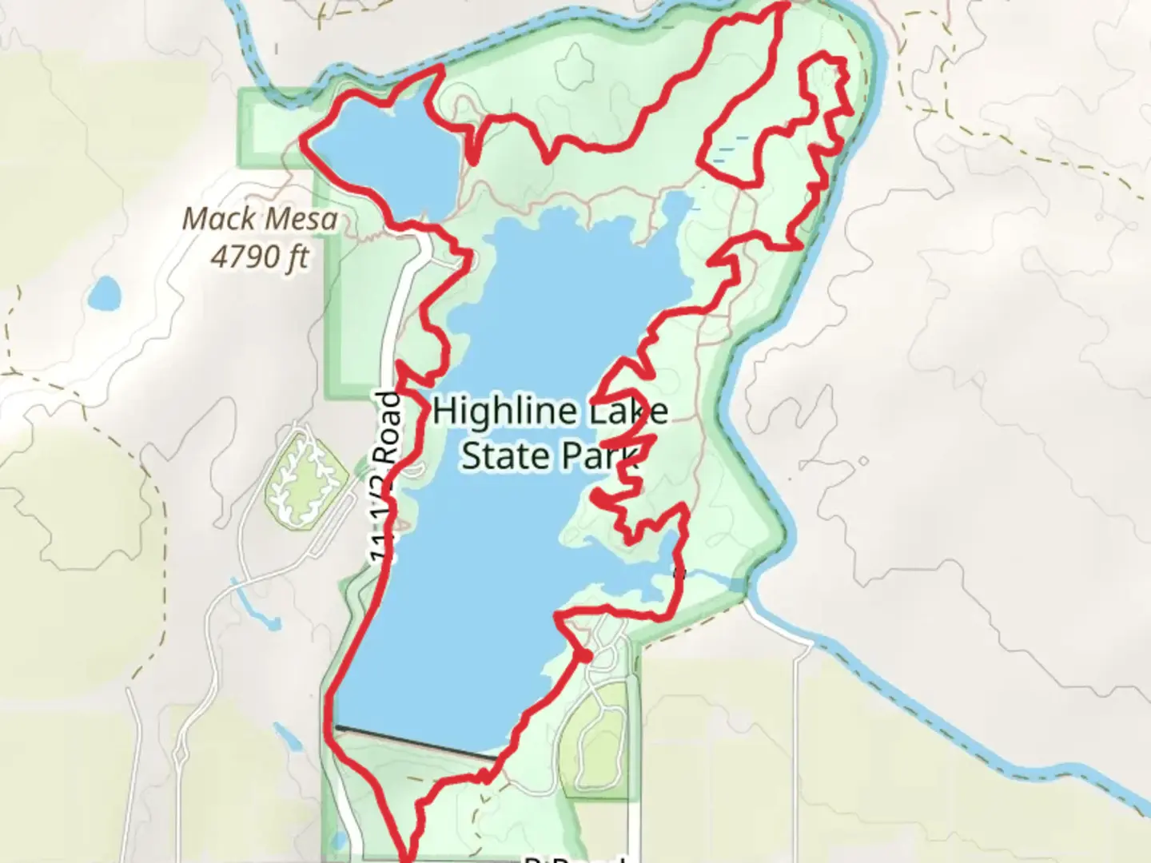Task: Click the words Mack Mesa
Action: pyautogui.click(x=261, y=218)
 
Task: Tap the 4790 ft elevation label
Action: pyautogui.click(x=261, y=256)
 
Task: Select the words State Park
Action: pyautogui.click(x=551, y=455)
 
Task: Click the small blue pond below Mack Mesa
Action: pyautogui.click(x=105, y=293)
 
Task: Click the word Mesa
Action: pyautogui.click(x=302, y=218)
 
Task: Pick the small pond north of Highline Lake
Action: pyautogui.click(x=676, y=208)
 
